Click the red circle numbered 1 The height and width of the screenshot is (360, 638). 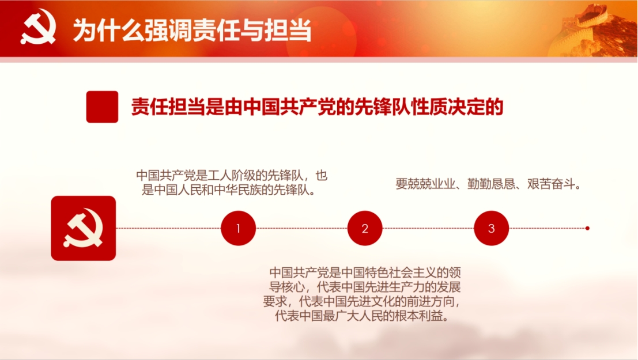point(238,228)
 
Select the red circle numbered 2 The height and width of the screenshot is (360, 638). point(365,228)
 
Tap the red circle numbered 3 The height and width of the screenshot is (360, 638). point(491,228)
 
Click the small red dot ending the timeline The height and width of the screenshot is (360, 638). point(587,228)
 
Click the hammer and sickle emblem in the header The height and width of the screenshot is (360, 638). point(38,28)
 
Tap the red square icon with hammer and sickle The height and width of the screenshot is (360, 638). point(84,228)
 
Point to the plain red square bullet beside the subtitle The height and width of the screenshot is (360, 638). point(102,107)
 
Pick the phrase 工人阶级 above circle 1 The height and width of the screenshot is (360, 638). point(231,175)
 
